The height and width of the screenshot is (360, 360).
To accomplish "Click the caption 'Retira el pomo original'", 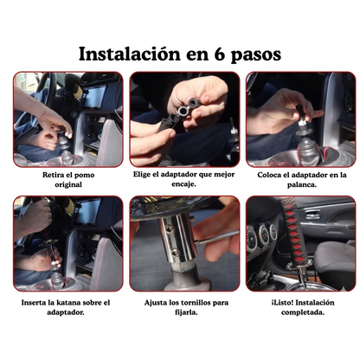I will coord(67,179).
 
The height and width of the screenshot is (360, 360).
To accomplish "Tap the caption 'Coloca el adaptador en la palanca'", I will coord(302,179).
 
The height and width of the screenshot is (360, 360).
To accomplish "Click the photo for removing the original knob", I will coord(67,119).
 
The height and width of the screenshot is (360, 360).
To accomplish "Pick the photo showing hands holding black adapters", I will coord(184,119).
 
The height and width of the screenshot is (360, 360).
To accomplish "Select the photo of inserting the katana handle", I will coord(67,245).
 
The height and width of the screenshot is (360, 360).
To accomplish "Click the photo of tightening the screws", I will coord(184,245).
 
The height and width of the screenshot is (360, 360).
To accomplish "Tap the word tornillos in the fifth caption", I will coord(191,302).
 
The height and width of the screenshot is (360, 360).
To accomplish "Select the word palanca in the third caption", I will coord(302,184).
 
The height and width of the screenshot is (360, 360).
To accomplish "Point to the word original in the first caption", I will coord(67,184).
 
